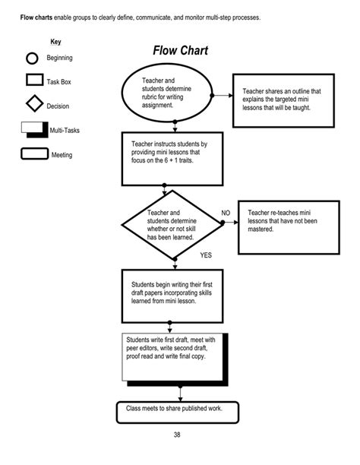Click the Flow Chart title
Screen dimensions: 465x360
[x=180, y=51]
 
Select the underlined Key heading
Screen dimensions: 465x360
[x=55, y=41]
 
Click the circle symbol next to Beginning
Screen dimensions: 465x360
[x=32, y=59]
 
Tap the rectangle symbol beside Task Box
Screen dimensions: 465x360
[x=33, y=81]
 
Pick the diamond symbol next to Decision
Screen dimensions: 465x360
[x=33, y=105]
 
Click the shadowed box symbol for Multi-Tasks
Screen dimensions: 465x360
[x=33, y=130]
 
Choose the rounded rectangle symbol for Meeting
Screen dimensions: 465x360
[x=33, y=154]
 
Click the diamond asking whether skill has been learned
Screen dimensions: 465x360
[x=175, y=225]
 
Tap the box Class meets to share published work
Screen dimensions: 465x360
[x=177, y=411]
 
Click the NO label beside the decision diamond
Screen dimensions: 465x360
[x=226, y=213]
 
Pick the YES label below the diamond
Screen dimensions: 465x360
[x=207, y=255]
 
